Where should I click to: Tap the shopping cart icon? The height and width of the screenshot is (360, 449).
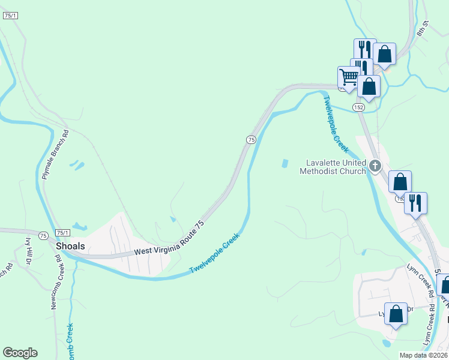348,77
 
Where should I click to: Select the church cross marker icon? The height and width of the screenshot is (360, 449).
375,166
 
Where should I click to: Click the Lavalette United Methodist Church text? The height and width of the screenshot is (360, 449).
335,166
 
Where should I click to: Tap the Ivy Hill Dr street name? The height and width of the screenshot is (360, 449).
28,253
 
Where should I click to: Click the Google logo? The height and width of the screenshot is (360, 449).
20,353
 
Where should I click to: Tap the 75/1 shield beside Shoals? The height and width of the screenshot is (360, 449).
62,233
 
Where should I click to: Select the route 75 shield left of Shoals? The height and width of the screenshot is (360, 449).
43,236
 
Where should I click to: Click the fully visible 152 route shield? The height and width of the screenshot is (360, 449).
358,107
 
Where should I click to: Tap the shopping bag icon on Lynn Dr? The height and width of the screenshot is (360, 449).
396,314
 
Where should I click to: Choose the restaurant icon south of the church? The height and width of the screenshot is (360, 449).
415,203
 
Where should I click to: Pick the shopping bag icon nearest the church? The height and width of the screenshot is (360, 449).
400,181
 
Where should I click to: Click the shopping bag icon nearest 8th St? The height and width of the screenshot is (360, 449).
384,54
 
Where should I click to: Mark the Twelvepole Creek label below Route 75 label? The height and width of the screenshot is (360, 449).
215,254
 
